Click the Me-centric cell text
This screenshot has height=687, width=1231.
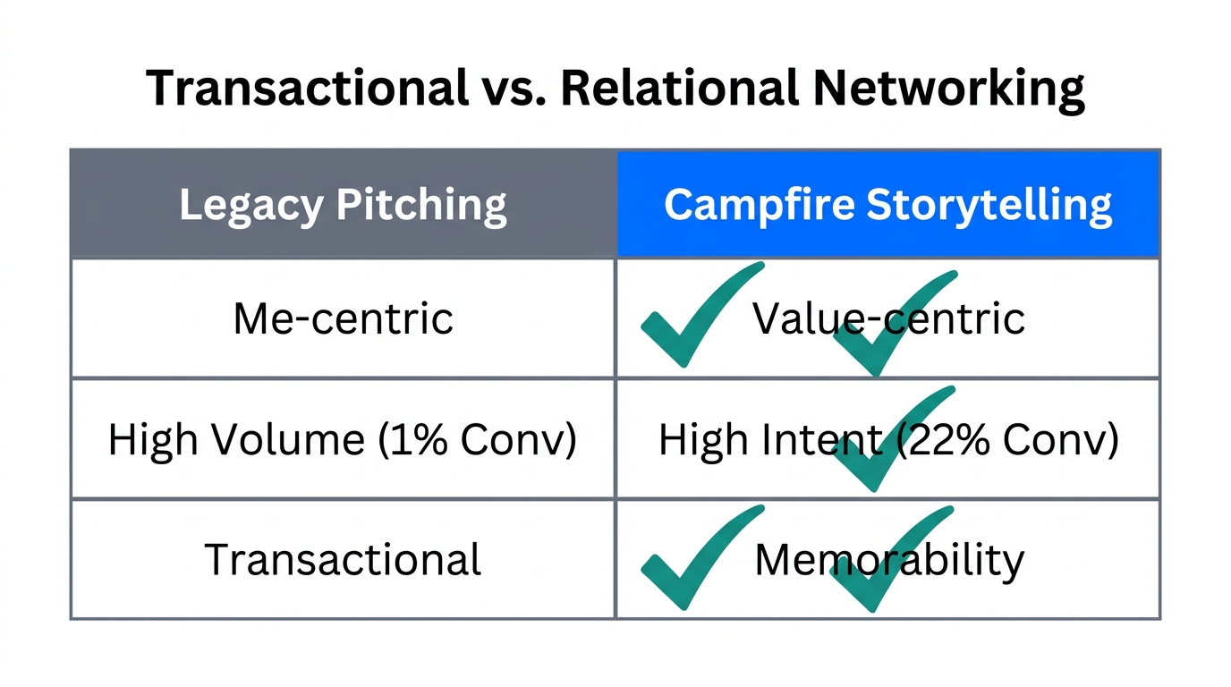click(x=343, y=318)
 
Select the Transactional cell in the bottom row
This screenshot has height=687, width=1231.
click(x=343, y=559)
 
